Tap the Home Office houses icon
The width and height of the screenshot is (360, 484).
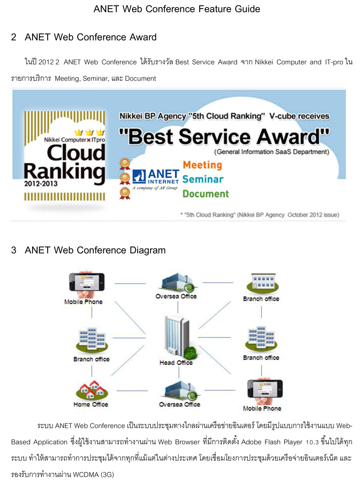[92, 390]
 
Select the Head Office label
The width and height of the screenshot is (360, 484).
[176, 363]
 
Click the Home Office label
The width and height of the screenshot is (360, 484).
[91, 404]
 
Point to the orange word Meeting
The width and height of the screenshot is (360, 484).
[203, 165]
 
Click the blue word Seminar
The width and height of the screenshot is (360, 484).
[203, 179]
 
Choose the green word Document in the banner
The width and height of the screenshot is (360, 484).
[205, 194]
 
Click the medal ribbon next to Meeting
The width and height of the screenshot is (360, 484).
[125, 164]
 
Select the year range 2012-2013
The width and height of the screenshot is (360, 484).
[41, 184]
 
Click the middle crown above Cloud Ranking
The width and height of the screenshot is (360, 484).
[89, 133]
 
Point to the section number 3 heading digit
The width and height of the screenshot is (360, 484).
[14, 250]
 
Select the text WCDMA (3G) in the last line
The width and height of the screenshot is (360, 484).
[93, 475]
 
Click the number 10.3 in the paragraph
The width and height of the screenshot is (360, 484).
[312, 442]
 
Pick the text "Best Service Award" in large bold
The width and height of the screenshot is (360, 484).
[224, 137]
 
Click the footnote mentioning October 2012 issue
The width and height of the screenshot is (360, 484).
[260, 215]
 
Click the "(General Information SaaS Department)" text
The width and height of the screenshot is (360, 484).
[272, 152]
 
